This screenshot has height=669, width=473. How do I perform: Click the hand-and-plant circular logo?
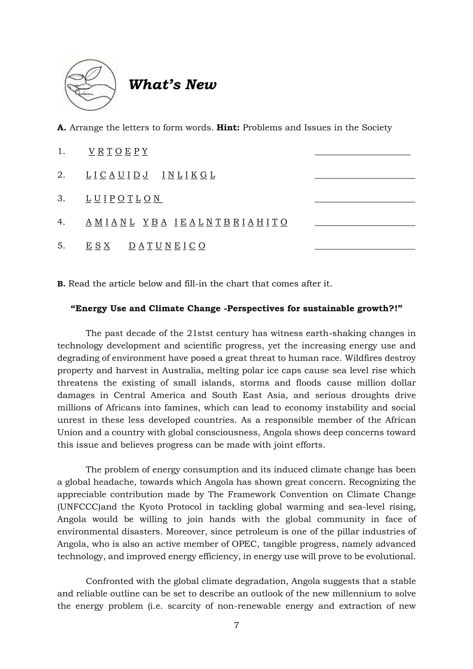pos(90,85)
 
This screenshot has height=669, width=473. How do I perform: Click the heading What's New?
pos(173,85)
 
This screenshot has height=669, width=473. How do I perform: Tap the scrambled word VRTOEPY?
pos(118,151)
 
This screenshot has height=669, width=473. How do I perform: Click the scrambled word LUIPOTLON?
pos(124,198)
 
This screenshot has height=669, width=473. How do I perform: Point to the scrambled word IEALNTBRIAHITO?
pos(231,222)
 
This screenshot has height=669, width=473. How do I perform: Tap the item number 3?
pos(61,198)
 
